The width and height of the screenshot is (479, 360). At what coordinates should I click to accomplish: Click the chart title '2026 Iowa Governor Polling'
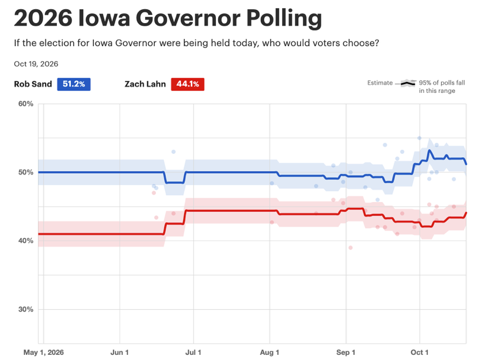click(168, 18)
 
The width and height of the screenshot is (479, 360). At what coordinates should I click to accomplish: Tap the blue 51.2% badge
click(74, 84)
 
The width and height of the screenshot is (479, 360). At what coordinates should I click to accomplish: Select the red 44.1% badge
click(188, 84)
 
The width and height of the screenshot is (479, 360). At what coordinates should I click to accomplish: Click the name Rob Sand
click(33, 84)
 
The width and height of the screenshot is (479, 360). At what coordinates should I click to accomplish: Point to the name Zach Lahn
click(145, 84)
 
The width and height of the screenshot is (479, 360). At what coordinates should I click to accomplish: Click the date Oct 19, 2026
click(36, 64)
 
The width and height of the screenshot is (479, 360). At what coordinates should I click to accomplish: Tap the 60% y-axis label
click(26, 104)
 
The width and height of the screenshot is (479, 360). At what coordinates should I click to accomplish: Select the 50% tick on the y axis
click(26, 172)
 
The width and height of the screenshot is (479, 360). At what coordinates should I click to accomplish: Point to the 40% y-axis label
click(26, 241)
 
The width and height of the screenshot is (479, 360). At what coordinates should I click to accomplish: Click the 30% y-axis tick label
click(26, 309)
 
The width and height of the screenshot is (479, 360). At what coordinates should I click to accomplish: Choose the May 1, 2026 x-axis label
click(44, 353)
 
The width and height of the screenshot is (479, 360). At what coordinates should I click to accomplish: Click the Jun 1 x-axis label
click(119, 353)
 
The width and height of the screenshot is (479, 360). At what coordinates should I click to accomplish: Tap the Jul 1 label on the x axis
click(193, 353)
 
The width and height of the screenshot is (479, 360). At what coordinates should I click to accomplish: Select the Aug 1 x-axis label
click(269, 353)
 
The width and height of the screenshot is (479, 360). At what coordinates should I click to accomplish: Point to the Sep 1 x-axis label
click(346, 353)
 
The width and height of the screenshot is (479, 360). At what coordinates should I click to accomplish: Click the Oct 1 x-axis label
click(420, 353)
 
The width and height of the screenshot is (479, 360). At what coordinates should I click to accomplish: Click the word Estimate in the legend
click(380, 83)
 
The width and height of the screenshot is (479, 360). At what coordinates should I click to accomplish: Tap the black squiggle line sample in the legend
click(408, 83)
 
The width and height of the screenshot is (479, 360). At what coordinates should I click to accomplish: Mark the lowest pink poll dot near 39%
click(351, 248)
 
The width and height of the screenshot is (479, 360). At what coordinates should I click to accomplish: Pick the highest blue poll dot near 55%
click(420, 138)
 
